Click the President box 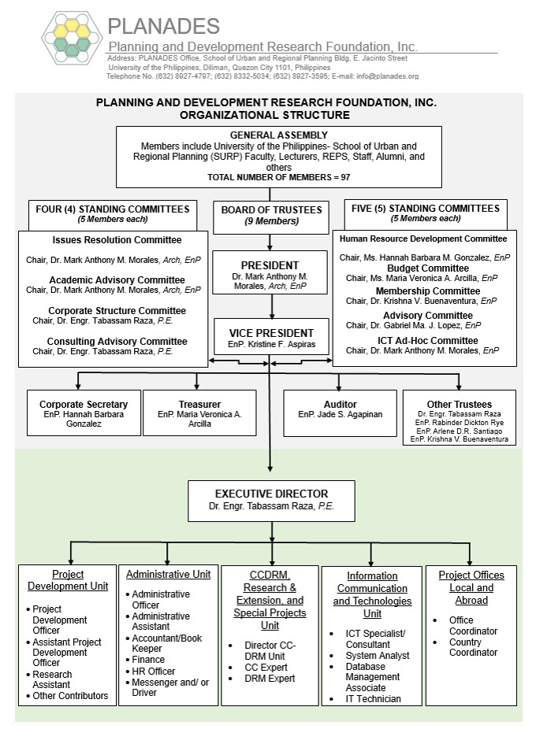click(x=270, y=272)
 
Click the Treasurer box click(x=199, y=413)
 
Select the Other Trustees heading click(x=460, y=404)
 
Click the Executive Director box click(x=271, y=500)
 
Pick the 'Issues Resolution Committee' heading click(x=117, y=240)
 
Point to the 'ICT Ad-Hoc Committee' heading click(x=426, y=341)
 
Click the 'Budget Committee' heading click(x=426, y=268)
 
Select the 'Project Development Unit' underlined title click(x=68, y=580)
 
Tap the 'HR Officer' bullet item click(x=154, y=671)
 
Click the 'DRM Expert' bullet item click(x=270, y=678)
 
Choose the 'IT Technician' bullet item click(x=373, y=698)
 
